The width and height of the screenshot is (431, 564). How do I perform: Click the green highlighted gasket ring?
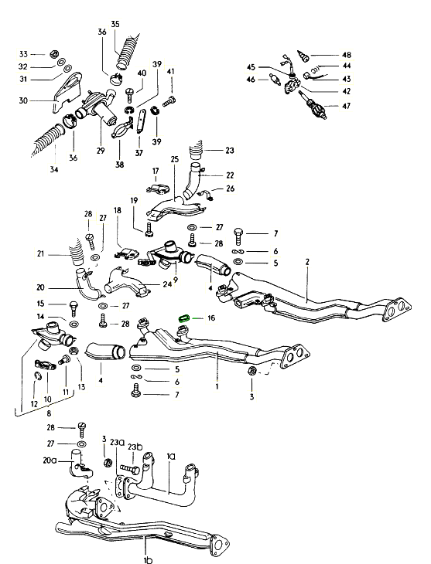click(x=184, y=318)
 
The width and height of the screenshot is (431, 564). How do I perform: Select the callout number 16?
click(x=211, y=318)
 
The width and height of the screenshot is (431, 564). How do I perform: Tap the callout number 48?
click(x=347, y=55)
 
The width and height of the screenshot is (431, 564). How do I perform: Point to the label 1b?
click(x=148, y=559)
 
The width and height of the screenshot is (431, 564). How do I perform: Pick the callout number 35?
click(x=115, y=24)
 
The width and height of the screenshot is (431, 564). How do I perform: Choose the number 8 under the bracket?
click(x=49, y=413)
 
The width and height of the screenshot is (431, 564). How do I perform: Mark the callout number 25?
click(x=175, y=159)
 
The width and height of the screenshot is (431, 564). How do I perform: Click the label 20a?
click(x=50, y=460)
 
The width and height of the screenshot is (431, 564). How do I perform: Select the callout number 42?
click(x=347, y=91)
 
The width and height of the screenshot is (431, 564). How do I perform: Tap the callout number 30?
click(x=23, y=100)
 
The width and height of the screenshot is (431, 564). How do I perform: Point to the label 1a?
click(x=171, y=457)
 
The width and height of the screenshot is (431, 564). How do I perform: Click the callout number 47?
click(x=346, y=106)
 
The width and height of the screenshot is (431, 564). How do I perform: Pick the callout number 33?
click(x=23, y=54)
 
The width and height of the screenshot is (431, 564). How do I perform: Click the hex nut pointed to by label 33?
click(x=53, y=54)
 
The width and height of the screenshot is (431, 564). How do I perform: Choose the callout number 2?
click(x=307, y=262)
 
